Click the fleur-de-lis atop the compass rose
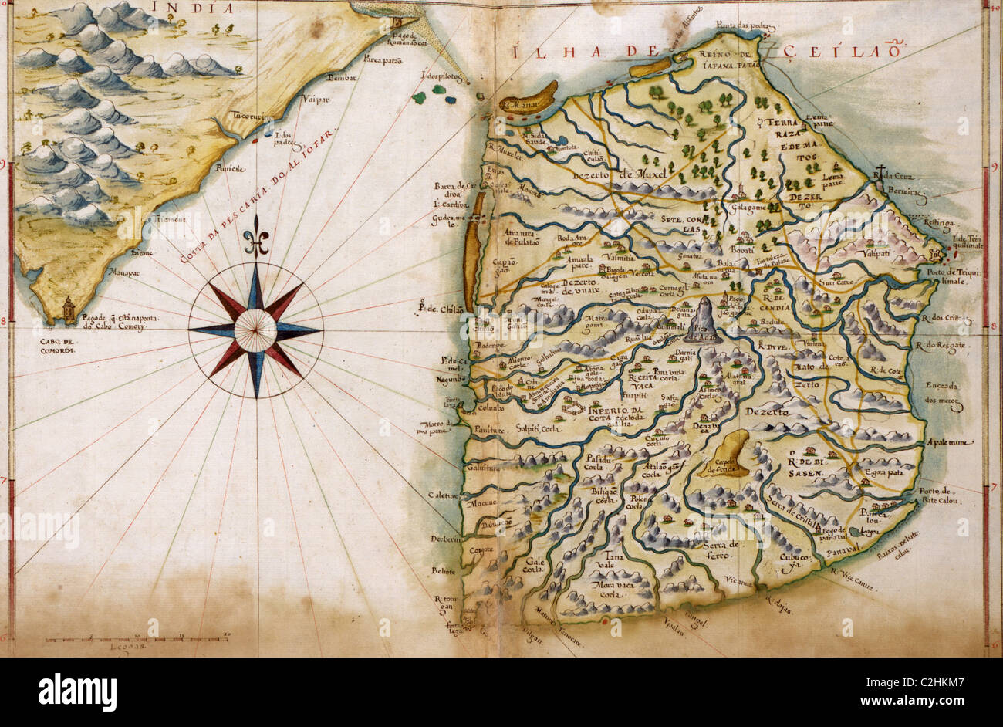255,235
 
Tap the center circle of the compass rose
255,330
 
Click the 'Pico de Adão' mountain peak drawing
704,320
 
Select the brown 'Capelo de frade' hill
728,453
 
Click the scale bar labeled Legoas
137,639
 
